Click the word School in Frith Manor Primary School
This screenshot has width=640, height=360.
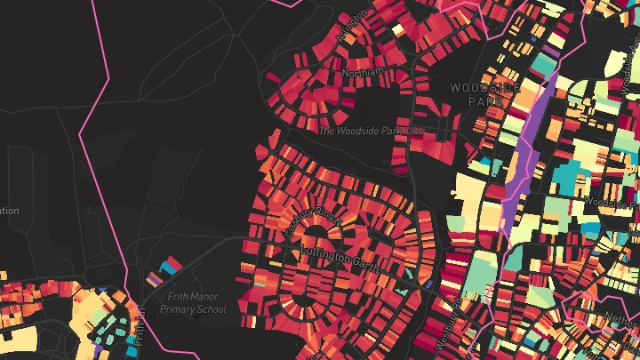click(x=211, y=310)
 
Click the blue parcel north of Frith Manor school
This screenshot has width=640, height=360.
click(x=165, y=265)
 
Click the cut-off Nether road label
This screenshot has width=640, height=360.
click(x=623, y=315)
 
